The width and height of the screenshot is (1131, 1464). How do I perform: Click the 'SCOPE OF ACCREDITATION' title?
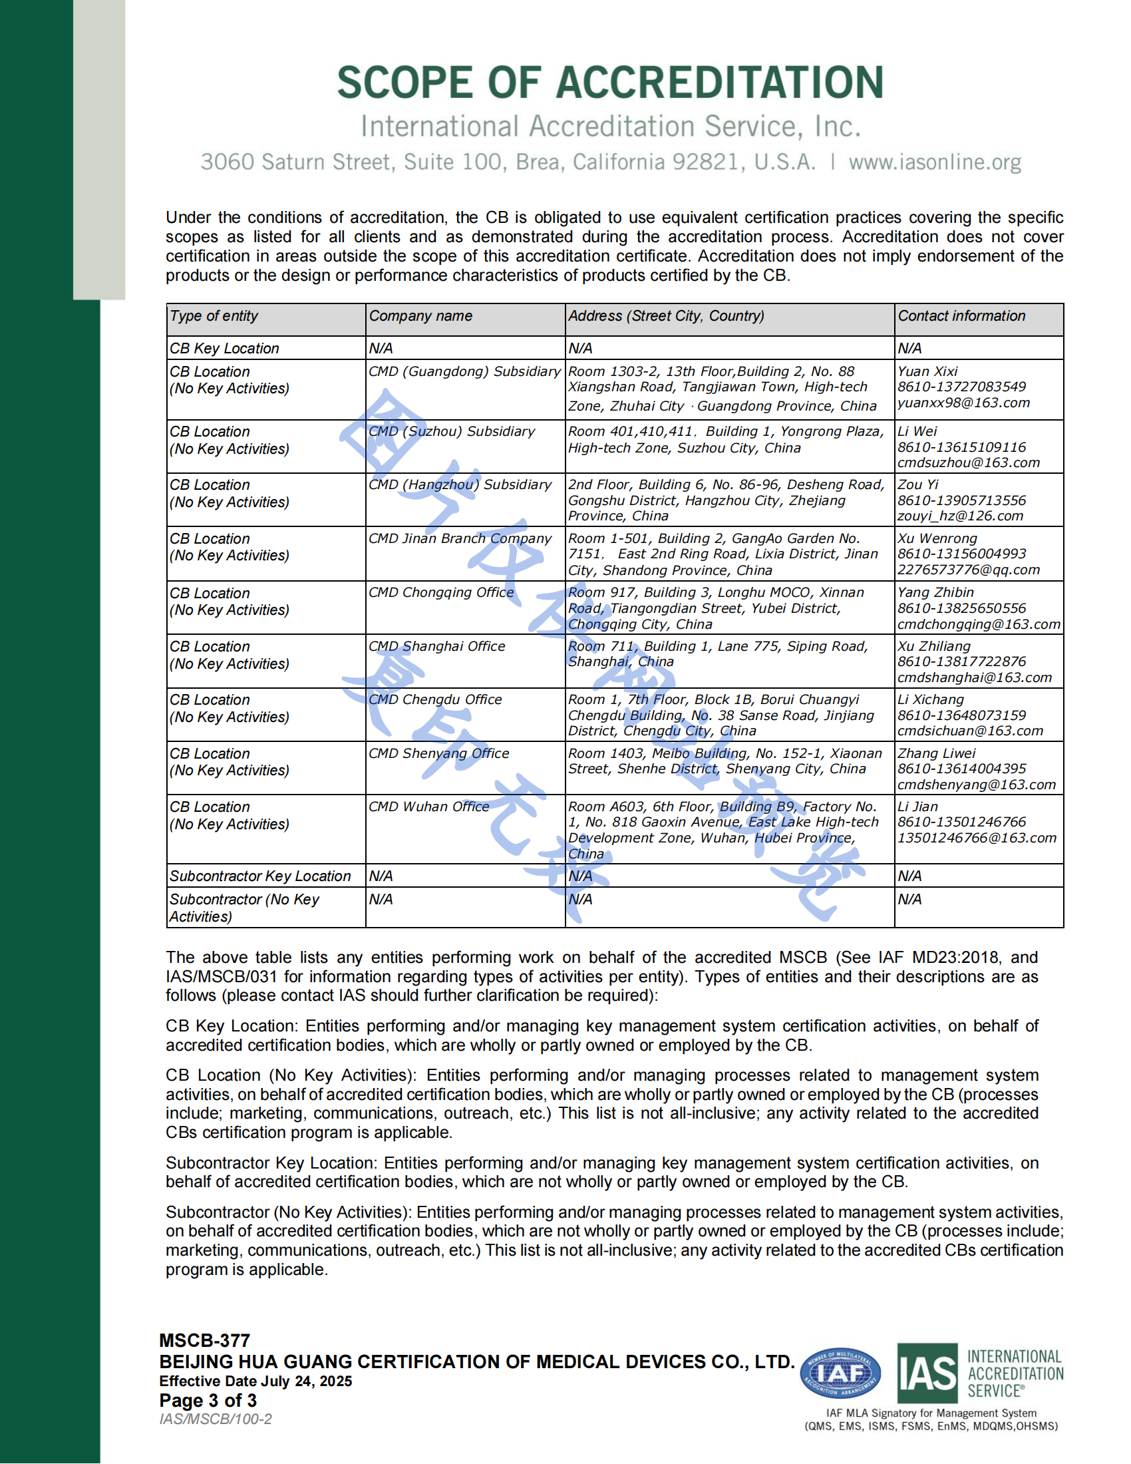(609, 83)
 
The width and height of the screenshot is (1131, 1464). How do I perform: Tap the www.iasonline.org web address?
(935, 162)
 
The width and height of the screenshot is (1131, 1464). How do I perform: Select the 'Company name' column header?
(420, 315)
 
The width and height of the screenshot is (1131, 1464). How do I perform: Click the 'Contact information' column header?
(961, 315)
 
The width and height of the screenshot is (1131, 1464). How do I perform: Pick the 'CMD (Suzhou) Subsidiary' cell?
(452, 431)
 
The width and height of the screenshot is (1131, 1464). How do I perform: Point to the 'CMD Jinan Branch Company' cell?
(460, 538)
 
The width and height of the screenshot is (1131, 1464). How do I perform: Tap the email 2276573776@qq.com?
(968, 570)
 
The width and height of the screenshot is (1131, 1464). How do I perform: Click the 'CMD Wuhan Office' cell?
(429, 807)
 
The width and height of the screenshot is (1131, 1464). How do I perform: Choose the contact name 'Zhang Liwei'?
(936, 753)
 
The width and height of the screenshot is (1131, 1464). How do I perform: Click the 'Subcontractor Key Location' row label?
(260, 876)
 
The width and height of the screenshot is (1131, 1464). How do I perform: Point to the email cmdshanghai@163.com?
(974, 677)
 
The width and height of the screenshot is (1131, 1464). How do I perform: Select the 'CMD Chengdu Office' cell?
(435, 699)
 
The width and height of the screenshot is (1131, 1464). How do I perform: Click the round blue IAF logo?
(840, 1373)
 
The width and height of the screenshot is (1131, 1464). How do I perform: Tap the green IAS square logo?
(927, 1373)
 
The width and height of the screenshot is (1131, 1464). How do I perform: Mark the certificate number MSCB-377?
(204, 1341)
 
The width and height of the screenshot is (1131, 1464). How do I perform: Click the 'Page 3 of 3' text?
(208, 1400)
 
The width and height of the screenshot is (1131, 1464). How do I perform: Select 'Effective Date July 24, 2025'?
(255, 1381)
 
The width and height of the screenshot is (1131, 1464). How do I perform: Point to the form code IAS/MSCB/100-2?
(215, 1419)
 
